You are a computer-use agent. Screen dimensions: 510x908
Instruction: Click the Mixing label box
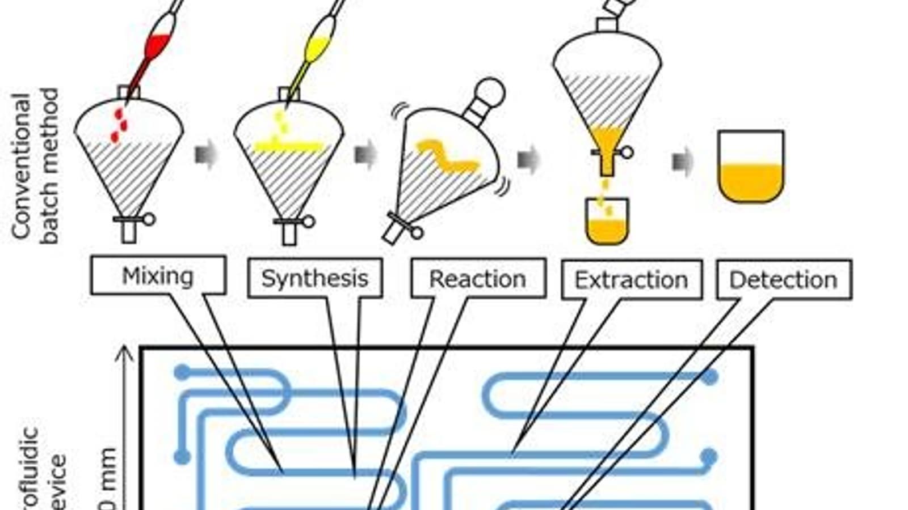point(158,276)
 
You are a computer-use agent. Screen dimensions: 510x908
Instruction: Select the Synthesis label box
point(315,278)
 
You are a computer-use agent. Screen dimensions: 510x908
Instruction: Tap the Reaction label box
point(478,279)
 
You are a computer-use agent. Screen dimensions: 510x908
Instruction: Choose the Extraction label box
point(632,280)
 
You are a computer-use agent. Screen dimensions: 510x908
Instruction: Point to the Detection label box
point(784,280)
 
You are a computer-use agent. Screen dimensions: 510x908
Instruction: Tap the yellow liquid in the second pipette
point(317,48)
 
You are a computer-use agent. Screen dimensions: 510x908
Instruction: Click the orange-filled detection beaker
point(751,178)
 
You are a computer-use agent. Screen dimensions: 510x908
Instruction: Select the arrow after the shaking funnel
point(528,159)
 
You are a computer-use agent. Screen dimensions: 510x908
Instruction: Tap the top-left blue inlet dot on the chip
point(182,373)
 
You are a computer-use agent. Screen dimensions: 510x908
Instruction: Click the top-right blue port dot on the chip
point(710,376)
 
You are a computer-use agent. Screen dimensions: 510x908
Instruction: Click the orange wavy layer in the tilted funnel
point(448,156)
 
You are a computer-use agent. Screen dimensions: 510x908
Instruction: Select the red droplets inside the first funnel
point(119,125)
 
